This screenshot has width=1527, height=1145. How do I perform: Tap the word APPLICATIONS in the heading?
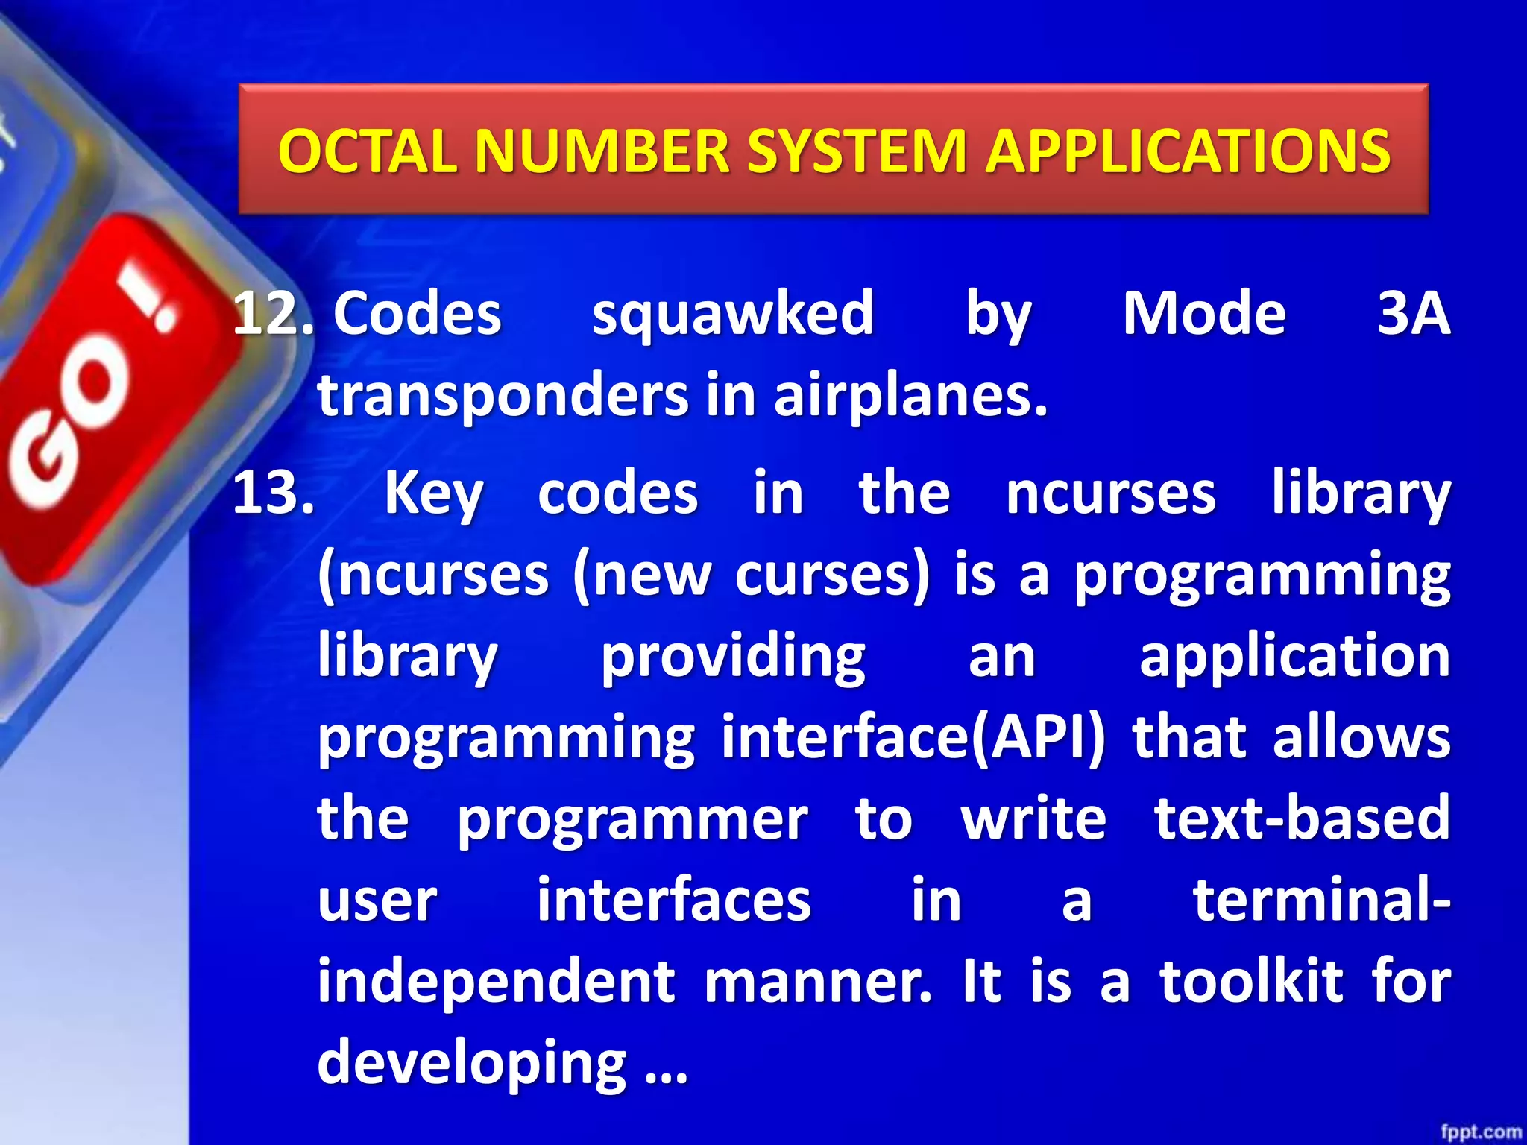pos(1188,151)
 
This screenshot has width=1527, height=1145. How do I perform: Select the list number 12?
pos(273,314)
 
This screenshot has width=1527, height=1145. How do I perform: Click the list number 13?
pos(273,493)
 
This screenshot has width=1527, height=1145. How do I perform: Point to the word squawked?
pos(732,314)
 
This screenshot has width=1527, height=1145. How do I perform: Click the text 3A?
pos(1413,314)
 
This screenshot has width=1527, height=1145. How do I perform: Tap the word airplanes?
pos(910,395)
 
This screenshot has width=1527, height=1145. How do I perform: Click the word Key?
pos(434,494)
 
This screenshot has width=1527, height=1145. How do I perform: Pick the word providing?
pos(733,657)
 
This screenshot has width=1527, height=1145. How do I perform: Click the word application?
pos(1294,657)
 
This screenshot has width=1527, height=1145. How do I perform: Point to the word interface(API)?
pos(913,737)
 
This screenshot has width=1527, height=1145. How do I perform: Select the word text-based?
pos(1302,818)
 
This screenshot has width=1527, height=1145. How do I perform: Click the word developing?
pos(472,1062)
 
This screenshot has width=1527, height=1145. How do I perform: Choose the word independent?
pos(497,981)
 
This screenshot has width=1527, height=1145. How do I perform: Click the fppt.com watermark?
pos(1480,1132)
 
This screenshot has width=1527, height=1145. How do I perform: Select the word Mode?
pos(1204,314)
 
